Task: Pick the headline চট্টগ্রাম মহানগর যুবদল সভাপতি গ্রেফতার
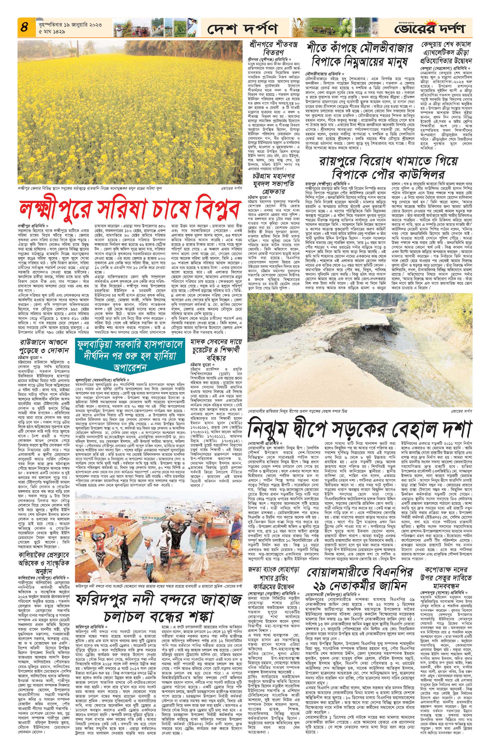click(272, 184)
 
